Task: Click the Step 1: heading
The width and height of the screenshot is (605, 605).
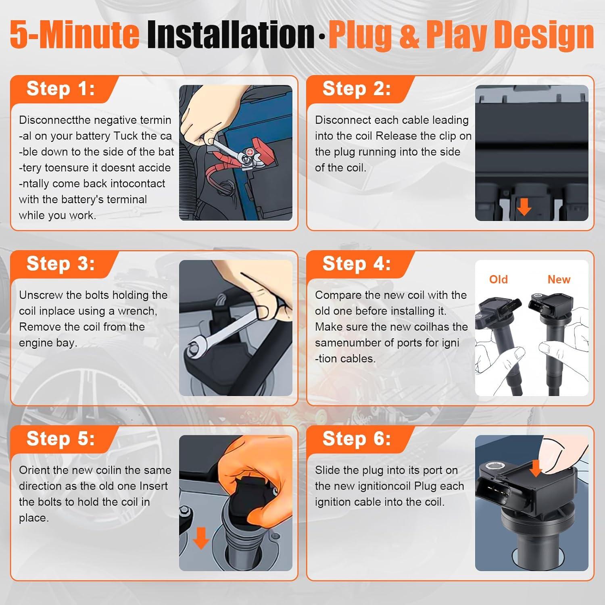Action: pos(60,88)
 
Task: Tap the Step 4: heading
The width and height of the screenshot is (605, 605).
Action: pos(357,263)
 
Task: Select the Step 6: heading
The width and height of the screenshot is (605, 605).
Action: pos(357,438)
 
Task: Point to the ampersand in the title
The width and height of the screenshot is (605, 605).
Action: pos(409,35)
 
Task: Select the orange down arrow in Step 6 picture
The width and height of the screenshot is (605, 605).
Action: pos(536,468)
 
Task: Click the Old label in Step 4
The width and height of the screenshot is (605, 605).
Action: pos(498,279)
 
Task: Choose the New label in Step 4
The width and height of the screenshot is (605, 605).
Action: pos(559,279)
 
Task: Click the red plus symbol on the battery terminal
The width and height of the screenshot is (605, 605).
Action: pos(250,152)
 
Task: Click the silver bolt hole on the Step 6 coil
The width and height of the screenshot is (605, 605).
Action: pos(493,466)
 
